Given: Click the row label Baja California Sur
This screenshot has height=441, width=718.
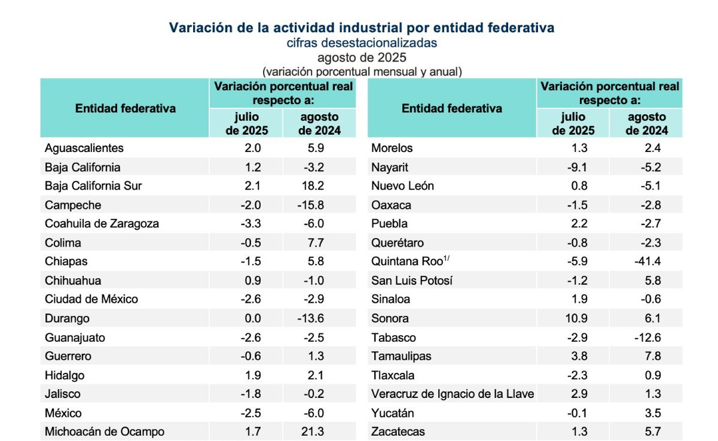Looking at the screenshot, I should (93, 186).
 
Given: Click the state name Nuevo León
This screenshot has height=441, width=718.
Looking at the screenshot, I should (402, 186).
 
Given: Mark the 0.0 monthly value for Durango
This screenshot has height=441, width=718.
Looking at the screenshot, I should (250, 318).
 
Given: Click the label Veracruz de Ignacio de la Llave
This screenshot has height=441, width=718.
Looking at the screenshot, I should (453, 394).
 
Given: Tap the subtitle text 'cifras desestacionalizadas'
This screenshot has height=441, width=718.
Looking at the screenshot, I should (362, 43).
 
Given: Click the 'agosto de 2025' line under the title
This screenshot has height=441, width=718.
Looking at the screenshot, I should (362, 57).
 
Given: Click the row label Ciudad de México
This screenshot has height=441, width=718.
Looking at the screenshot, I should (91, 299).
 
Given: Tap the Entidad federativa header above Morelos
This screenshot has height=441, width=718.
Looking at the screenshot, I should (452, 108).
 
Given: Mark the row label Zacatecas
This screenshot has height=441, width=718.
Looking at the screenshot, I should (398, 431).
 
